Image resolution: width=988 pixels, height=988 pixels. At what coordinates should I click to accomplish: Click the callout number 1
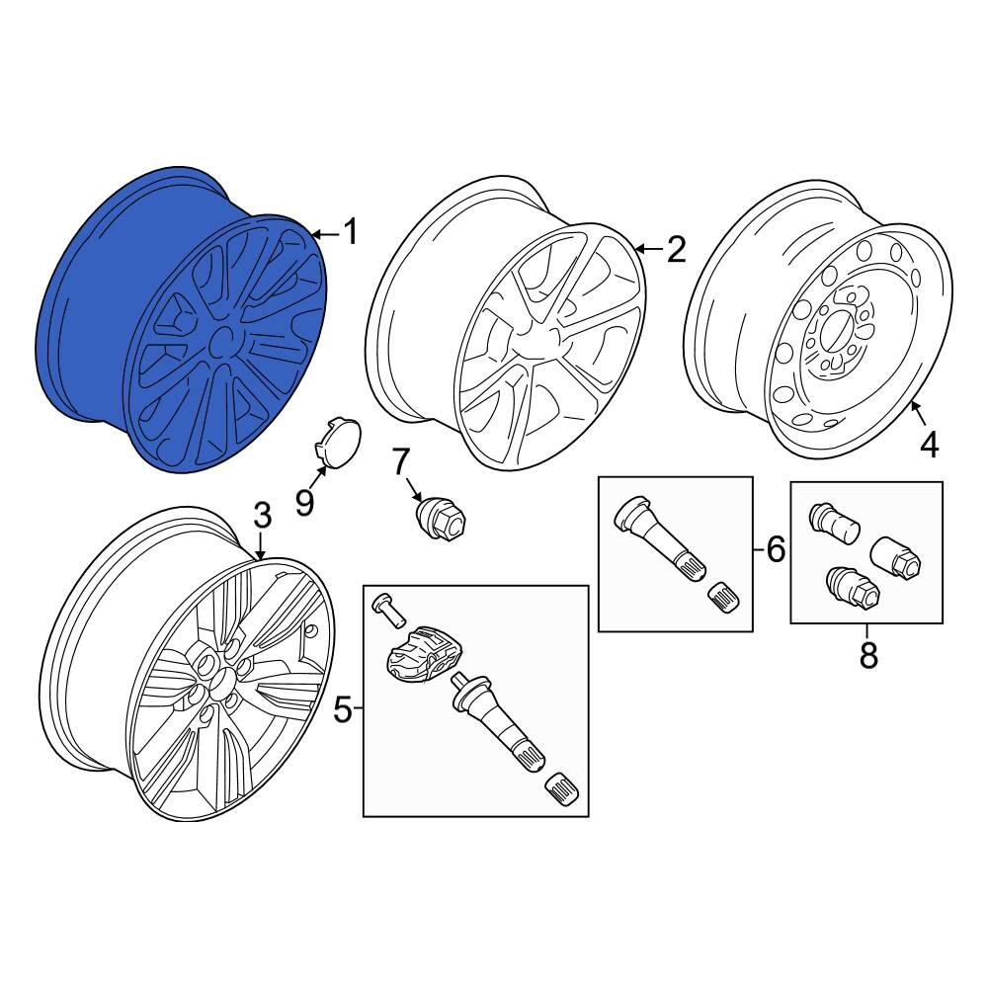point(349,234)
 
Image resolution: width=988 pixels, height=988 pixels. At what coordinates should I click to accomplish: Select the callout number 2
point(675,250)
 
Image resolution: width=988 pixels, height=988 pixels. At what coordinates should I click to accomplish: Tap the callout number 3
point(261,515)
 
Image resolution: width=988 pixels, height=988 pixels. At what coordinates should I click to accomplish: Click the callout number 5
point(342,708)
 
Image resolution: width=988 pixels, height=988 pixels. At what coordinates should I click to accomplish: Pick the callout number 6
point(776,549)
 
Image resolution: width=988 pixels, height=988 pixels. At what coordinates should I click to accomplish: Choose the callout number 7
point(400,460)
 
